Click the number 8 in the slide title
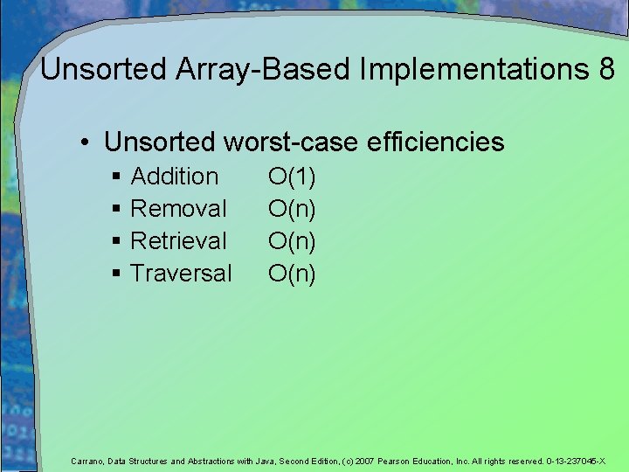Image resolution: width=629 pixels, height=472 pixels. click(x=606, y=70)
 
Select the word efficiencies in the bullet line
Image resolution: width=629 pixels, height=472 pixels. click(x=436, y=142)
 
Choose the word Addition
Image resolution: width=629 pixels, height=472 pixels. click(x=174, y=177)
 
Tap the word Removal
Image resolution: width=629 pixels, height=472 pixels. click(x=178, y=209)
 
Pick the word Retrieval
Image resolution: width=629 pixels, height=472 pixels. click(x=178, y=241)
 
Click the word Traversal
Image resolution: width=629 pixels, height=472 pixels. click(x=181, y=274)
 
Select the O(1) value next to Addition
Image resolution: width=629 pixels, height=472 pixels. click(x=292, y=177)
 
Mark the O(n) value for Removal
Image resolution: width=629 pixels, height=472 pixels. click(x=292, y=209)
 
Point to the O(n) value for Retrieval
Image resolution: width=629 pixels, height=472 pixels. click(x=292, y=241)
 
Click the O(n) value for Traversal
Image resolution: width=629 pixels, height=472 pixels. click(x=292, y=274)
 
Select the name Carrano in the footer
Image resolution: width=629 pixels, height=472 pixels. click(x=88, y=461)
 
